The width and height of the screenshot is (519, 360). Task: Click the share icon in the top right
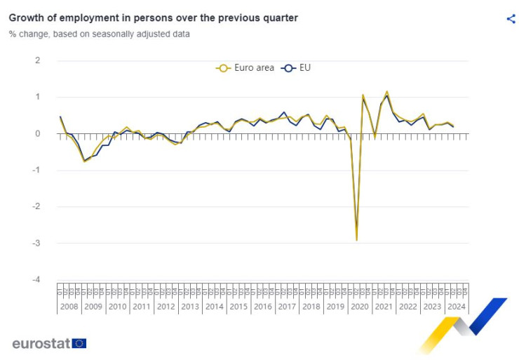tap(511, 19)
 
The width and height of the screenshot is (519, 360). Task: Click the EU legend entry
tap(297, 68)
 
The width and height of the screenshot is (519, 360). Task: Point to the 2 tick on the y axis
tap(37, 60)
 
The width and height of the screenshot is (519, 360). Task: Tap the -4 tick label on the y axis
tap(35, 279)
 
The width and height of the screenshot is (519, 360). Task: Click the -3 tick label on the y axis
tap(35, 243)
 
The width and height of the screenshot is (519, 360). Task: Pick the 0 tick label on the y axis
tap(37, 133)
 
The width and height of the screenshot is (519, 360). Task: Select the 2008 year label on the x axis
tap(69, 306)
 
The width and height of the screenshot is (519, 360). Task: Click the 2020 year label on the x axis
tap(359, 306)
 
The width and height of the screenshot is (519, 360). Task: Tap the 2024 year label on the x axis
tap(456, 306)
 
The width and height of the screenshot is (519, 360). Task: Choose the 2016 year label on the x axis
tap(262, 306)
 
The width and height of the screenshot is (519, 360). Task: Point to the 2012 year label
tap(166, 306)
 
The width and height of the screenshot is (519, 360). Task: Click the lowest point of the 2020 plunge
tap(357, 240)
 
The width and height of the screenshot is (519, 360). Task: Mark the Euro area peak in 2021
tap(386, 91)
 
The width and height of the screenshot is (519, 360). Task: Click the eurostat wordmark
tap(41, 344)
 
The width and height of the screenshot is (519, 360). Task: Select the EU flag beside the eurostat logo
tap(79, 343)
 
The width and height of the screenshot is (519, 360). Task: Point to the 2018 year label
tap(311, 306)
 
